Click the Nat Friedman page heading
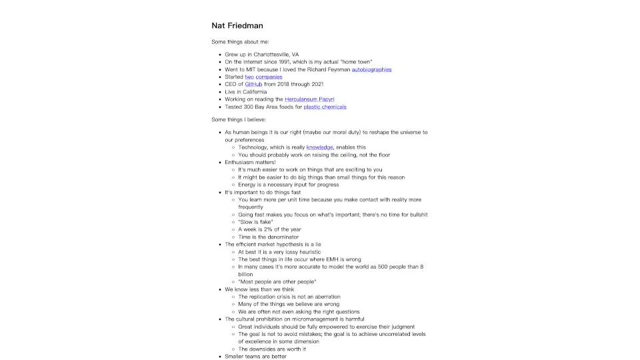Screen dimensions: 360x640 [237, 26]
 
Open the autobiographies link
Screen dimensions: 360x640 [371, 69]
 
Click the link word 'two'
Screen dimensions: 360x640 [249, 77]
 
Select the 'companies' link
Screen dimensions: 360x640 [269, 77]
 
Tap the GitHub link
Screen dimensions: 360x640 [253, 85]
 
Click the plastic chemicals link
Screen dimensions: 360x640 [325, 107]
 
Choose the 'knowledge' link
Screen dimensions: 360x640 [319, 147]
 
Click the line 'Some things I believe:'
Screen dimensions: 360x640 [238, 119]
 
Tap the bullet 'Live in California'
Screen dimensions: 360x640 [245, 92]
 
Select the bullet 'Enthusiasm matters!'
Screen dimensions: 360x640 [250, 162]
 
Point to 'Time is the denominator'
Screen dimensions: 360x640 [269, 237]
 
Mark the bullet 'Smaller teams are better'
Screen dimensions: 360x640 [255, 357]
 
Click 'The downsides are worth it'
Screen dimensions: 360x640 [272, 349]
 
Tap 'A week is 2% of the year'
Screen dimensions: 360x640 [269, 229]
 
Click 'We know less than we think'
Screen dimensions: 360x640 [259, 289]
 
